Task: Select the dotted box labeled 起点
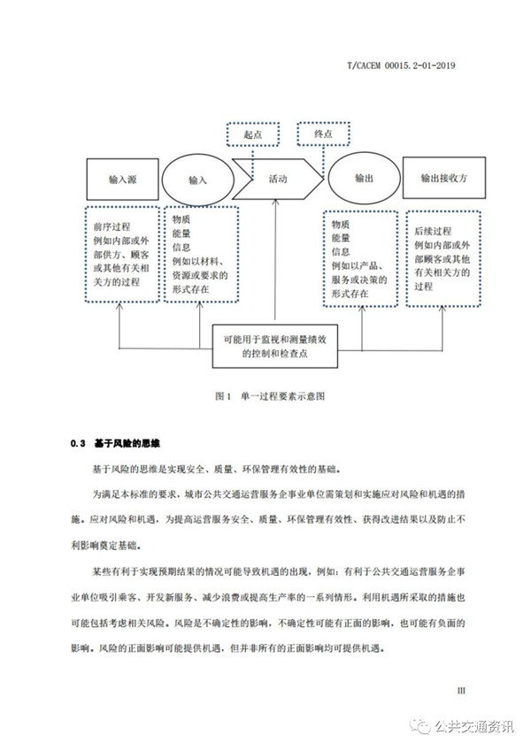tap(253, 134)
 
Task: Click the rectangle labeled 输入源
tap(119, 179)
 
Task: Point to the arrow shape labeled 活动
tap(277, 179)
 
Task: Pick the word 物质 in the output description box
tap(341, 225)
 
